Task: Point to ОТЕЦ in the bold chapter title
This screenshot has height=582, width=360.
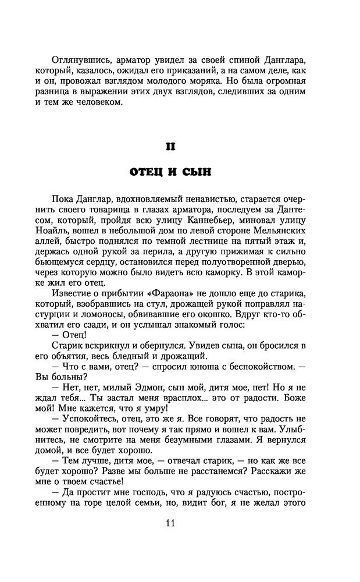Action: (147, 173)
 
